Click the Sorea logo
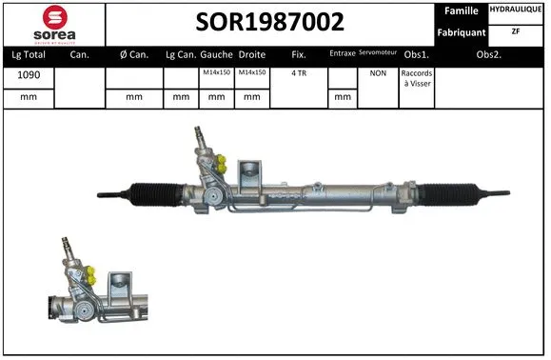[x=54, y=23]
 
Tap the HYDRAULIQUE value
[x=517, y=10]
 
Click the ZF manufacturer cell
[x=517, y=31]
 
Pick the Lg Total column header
[x=29, y=54]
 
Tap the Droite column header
[x=251, y=54]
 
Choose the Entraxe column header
[x=343, y=54]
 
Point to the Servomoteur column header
[x=378, y=53]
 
